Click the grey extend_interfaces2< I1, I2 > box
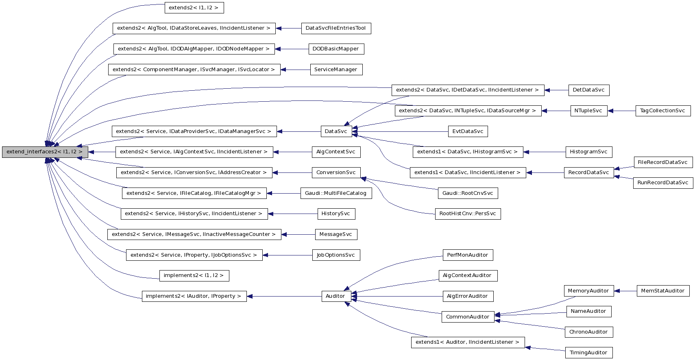tap(45, 152)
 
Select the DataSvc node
tap(336, 131)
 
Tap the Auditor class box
tap(335, 296)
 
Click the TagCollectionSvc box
tap(662, 111)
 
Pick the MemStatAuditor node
tap(662, 291)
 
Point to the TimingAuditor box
tap(588, 353)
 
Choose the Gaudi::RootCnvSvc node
tap(467, 193)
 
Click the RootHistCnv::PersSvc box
tap(467, 214)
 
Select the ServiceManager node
tap(336, 70)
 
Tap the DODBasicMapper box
tap(336, 49)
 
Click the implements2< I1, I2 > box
tap(194, 276)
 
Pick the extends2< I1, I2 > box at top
tap(194, 8)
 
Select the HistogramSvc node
tap(588, 152)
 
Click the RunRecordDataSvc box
tap(662, 183)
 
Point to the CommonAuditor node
tap(467, 317)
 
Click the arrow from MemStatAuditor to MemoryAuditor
tap(625, 291)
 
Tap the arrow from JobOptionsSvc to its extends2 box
tap(287, 255)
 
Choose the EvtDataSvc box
tap(467, 131)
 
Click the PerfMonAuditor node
tap(467, 255)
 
